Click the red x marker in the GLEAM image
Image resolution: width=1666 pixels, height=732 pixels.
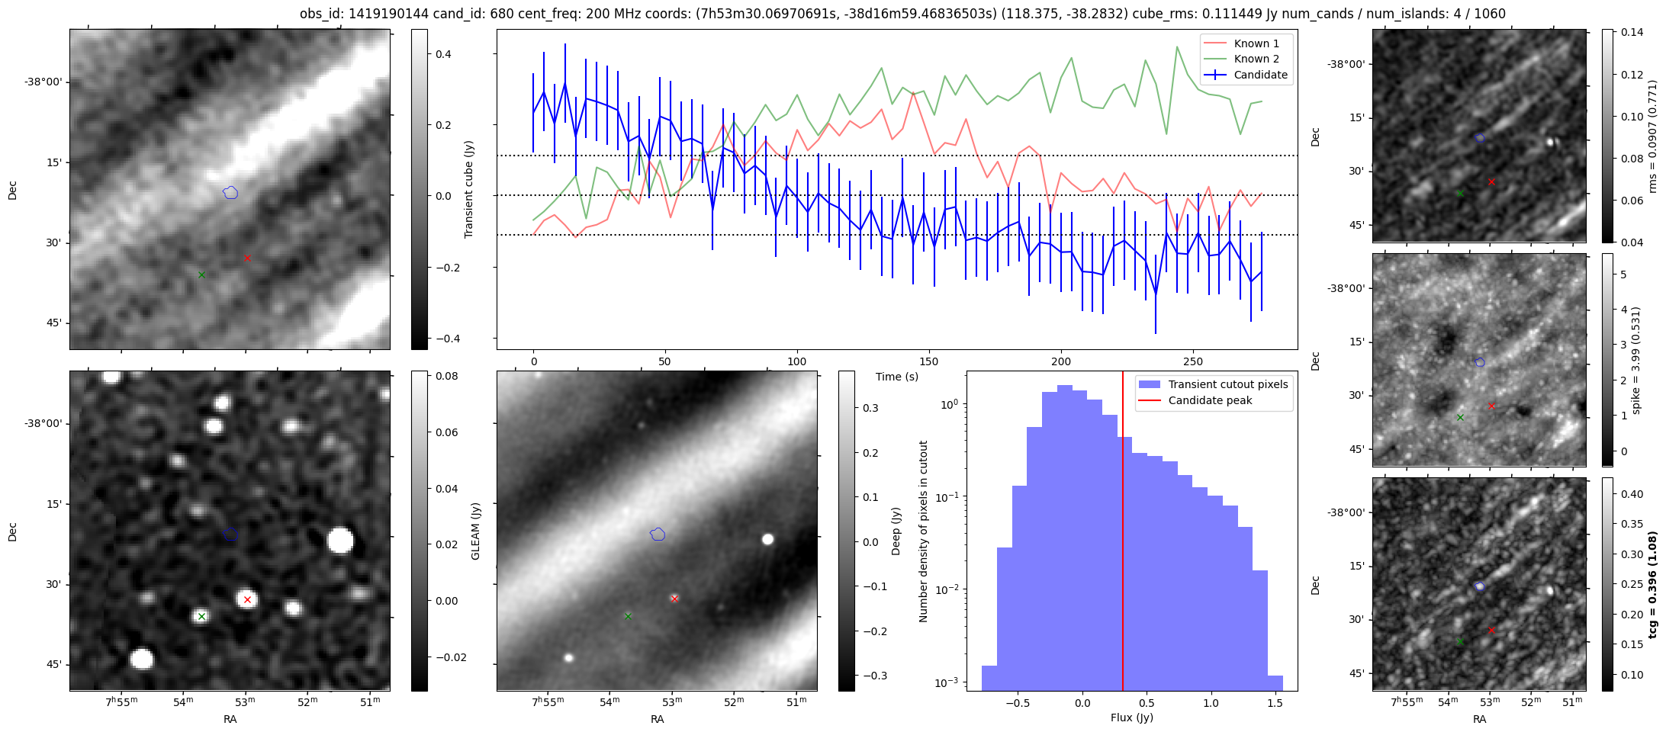pyautogui.click(x=247, y=600)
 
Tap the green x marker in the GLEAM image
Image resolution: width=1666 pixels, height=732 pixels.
pyautogui.click(x=201, y=616)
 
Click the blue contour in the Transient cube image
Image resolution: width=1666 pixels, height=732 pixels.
pyautogui.click(x=230, y=193)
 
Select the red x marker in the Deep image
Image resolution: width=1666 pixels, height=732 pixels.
pyautogui.click(x=674, y=599)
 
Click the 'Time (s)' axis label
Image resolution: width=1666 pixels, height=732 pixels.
pyautogui.click(x=896, y=377)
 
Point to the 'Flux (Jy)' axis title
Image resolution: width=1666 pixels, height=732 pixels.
pyautogui.click(x=1132, y=718)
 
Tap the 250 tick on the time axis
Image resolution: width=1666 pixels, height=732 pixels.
pyautogui.click(x=1192, y=361)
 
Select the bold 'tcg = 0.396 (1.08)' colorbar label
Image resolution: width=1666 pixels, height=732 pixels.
pyautogui.click(x=1652, y=584)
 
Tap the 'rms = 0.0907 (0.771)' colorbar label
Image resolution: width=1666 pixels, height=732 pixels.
pyautogui.click(x=1652, y=136)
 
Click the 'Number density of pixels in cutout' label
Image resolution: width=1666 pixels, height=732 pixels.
pyautogui.click(x=924, y=531)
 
